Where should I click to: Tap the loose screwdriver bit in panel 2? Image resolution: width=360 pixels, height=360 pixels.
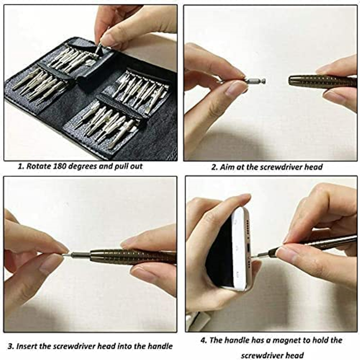(255, 81)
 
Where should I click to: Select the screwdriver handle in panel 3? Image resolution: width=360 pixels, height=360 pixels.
(130, 256)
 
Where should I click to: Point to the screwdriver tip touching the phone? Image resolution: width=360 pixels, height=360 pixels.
(254, 256)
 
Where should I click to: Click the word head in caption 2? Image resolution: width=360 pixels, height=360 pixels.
(314, 167)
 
